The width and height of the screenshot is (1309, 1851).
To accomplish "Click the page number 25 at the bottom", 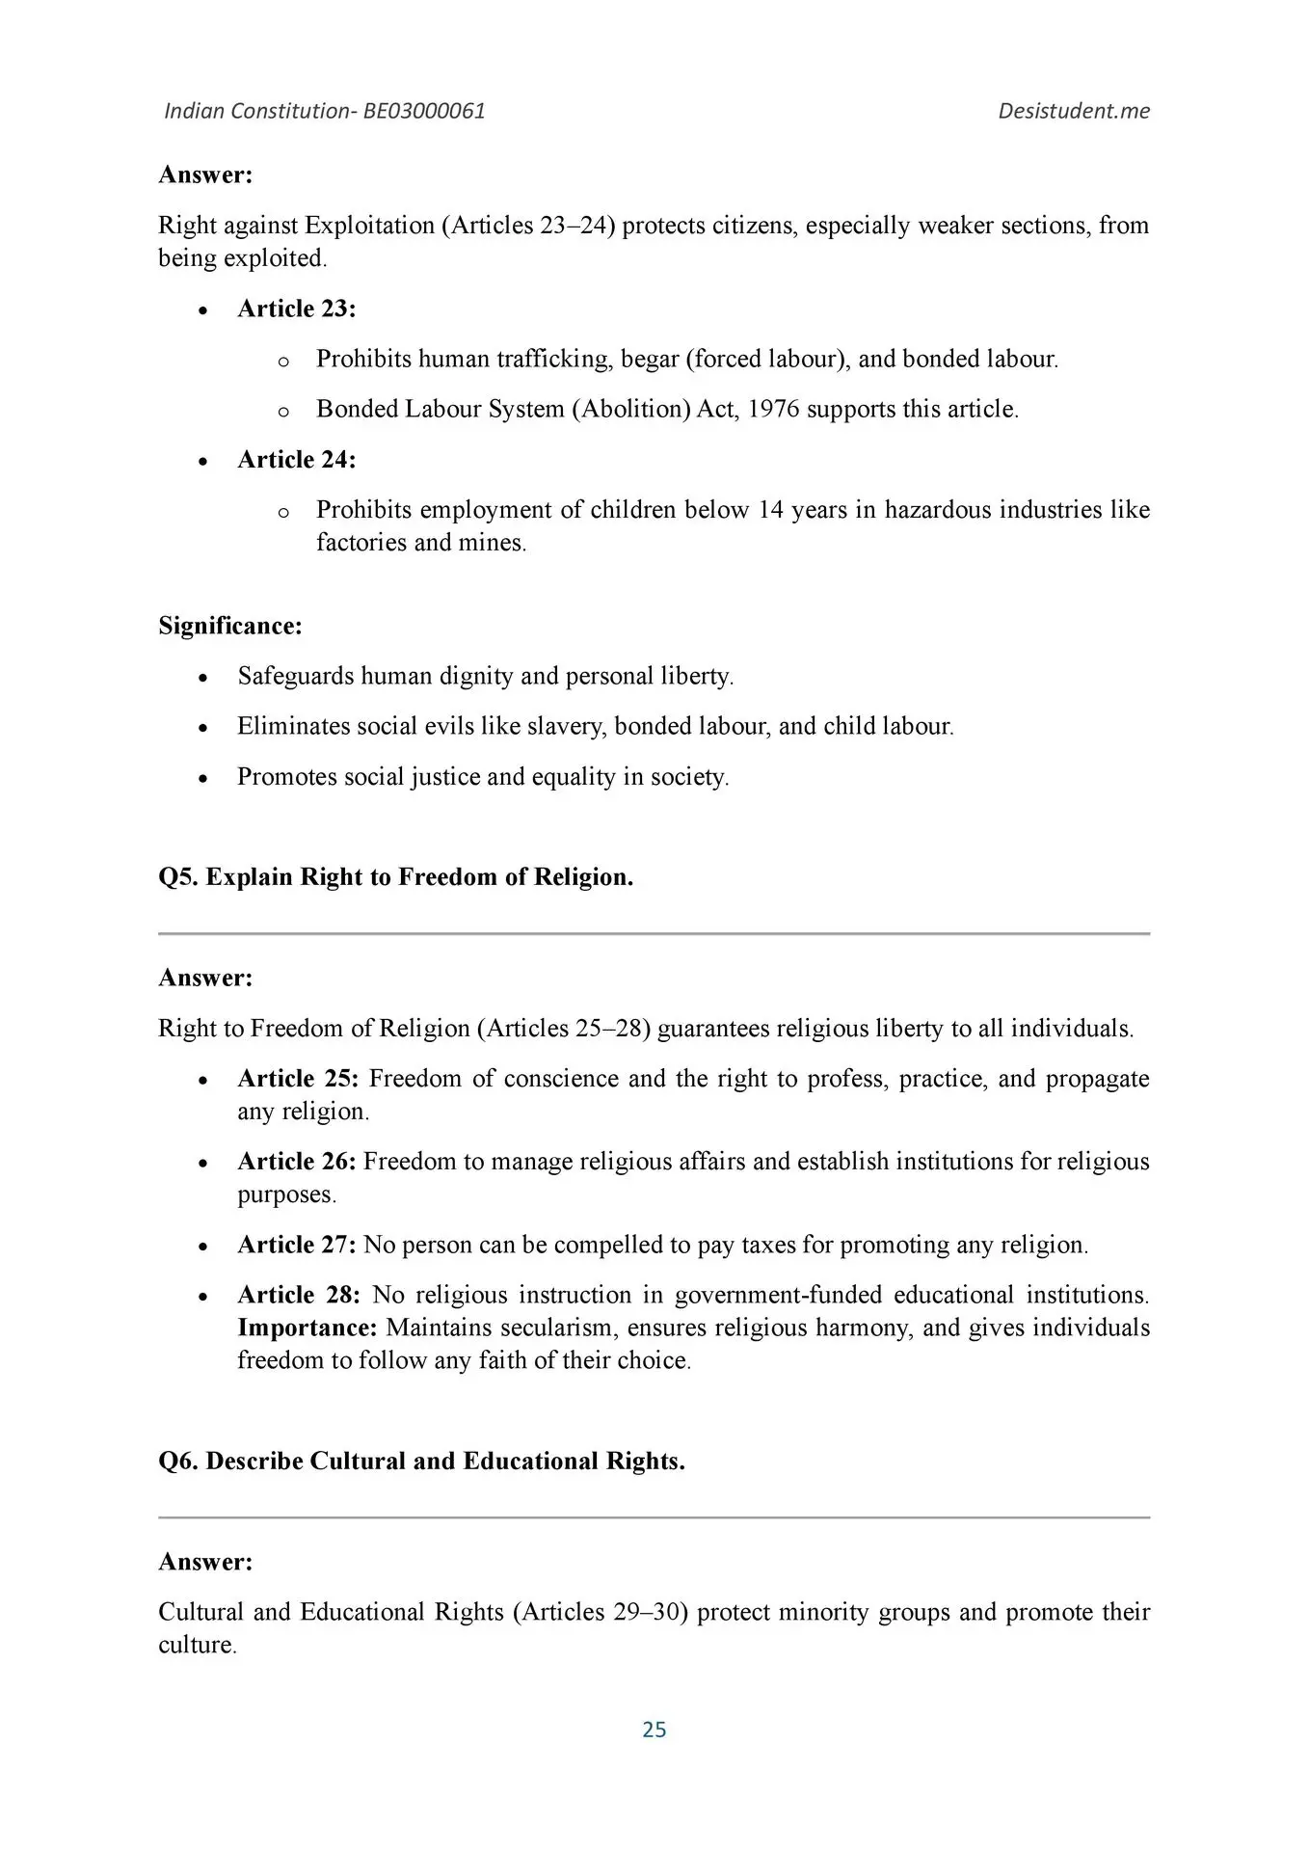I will [x=654, y=1730].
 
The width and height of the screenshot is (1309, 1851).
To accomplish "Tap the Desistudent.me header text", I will [x=1074, y=111].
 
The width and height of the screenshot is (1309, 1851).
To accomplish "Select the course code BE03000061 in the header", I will [x=424, y=111].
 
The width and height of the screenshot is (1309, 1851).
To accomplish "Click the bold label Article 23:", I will [x=297, y=308].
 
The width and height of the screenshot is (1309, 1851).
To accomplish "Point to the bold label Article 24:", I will [x=297, y=460].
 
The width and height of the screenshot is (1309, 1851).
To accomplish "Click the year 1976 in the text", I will [x=773, y=409].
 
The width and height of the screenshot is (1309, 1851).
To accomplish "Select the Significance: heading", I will [x=230, y=626].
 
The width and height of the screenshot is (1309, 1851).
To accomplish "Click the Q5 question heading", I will [x=395, y=877].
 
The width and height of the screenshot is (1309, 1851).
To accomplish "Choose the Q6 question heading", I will [x=421, y=1462].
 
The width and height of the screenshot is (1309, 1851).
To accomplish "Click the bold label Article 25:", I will [x=298, y=1078].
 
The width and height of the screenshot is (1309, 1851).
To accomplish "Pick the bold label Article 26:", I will [x=297, y=1162].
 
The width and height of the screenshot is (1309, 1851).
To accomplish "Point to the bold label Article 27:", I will [x=297, y=1245].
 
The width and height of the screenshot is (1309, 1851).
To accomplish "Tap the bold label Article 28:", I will [x=298, y=1295].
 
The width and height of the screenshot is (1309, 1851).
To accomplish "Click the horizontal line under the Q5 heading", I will [x=654, y=933].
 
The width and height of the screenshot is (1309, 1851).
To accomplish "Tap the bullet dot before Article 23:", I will [x=202, y=310].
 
